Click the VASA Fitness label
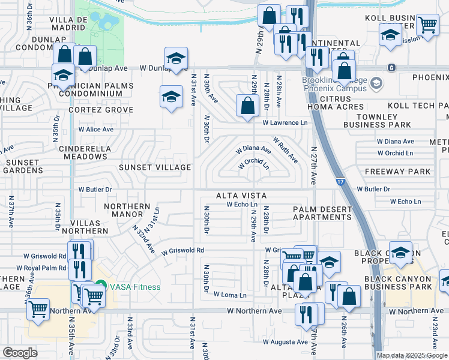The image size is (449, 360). click(x=134, y=287)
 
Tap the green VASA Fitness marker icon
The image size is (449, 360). click(x=101, y=287)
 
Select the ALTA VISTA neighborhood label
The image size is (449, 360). click(x=241, y=196)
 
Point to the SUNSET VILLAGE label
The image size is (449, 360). click(x=155, y=167)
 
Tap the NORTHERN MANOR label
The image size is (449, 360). click(x=127, y=211)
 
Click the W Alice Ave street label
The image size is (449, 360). click(x=96, y=129)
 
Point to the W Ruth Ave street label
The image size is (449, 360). click(x=286, y=149)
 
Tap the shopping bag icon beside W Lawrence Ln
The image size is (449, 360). click(x=247, y=106)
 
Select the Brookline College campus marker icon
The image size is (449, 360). click(x=376, y=82)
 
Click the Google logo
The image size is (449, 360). click(x=20, y=353)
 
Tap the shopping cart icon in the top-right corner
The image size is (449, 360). click(x=427, y=25)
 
